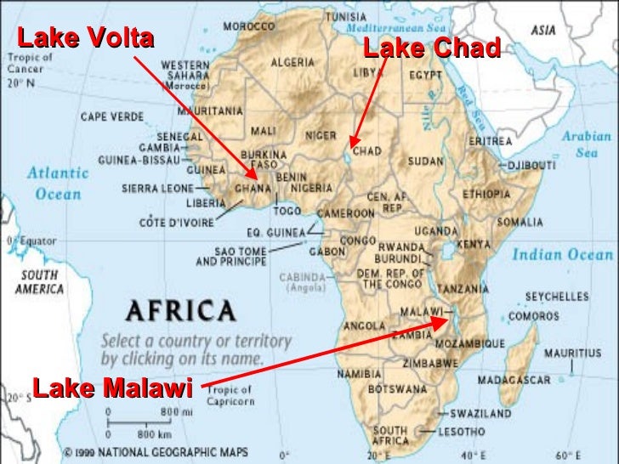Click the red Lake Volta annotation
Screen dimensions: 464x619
point(85,39)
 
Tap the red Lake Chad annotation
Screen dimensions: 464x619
point(431,49)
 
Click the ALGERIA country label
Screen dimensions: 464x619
point(294,62)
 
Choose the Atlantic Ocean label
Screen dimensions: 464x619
point(57,183)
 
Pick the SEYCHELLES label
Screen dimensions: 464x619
point(556,297)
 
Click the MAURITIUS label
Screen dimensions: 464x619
point(572,352)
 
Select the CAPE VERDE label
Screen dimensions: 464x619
point(111,117)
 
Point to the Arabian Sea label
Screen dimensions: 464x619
point(586,144)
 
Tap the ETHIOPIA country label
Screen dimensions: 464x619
point(486,194)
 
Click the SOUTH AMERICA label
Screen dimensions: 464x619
point(39,281)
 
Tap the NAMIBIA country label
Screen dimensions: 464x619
point(359,374)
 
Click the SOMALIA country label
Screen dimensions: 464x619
point(520,222)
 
